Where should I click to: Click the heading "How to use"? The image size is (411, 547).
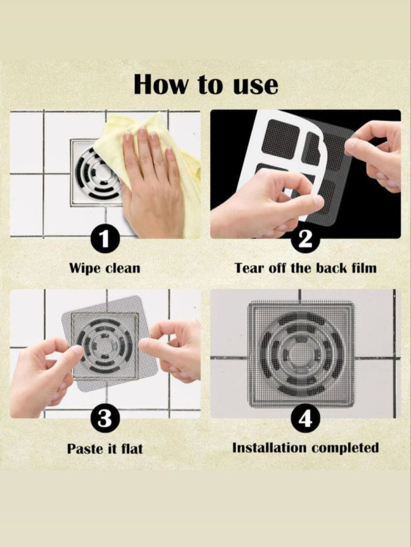tap(206, 85)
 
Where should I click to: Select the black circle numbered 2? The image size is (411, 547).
tap(305, 239)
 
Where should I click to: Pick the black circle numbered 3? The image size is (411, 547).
tap(105, 419)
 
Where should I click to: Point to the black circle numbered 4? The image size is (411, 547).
tap(305, 419)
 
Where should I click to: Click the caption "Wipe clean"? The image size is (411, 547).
tap(105, 268)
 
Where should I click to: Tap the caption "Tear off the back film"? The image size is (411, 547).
tap(306, 268)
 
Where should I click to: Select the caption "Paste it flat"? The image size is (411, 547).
tap(105, 448)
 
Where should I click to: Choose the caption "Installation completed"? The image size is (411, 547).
tap(306, 448)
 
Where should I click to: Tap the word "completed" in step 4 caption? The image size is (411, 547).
tap(345, 448)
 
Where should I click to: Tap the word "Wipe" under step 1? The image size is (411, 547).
tap(85, 268)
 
